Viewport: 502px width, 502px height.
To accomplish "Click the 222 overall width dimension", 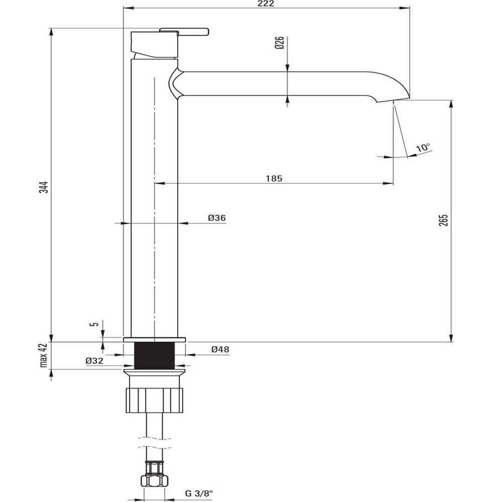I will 267,4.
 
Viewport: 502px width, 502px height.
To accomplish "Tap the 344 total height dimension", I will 44,187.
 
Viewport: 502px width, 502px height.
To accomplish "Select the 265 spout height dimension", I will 443,221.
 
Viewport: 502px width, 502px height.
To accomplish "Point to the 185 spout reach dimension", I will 274,178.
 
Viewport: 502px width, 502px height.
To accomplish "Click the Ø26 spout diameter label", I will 280,43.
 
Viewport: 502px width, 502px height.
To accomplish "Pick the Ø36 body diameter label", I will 216,218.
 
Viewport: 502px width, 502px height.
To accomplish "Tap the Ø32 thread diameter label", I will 94,360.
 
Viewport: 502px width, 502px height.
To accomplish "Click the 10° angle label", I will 423,148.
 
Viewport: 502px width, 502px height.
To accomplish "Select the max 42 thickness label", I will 44,355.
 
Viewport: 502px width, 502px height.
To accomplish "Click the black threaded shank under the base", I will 155,355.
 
